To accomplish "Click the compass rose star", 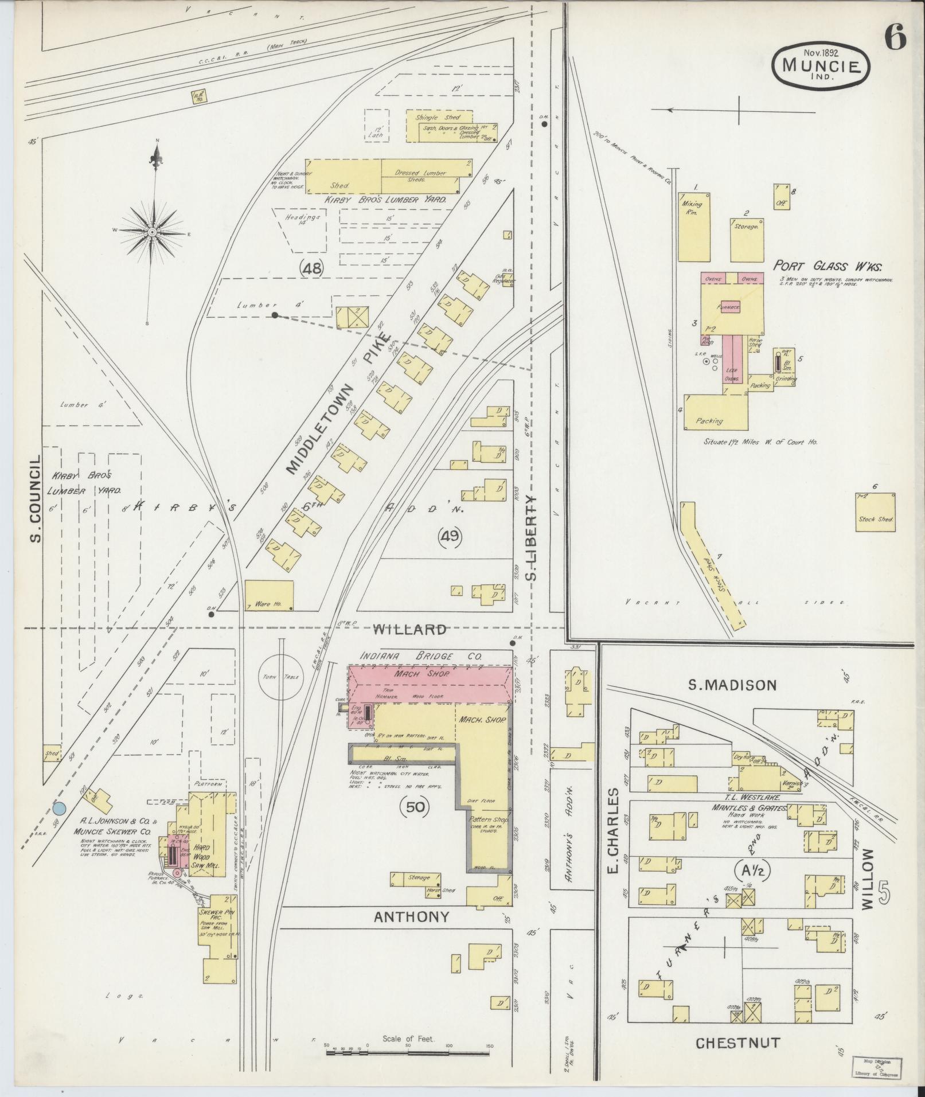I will point(152,232).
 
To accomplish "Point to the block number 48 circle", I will point(312,267).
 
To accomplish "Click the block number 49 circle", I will point(450,537).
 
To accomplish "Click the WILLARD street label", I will point(409,630).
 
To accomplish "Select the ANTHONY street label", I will point(411,917).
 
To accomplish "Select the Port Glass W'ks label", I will point(828,266).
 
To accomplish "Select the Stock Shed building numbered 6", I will point(875,512).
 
